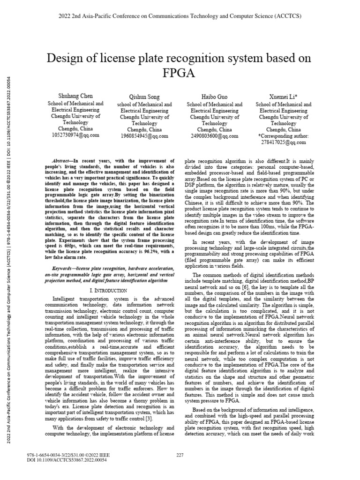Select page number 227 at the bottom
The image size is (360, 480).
coord(180,455)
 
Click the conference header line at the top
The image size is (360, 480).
coord(180,16)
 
